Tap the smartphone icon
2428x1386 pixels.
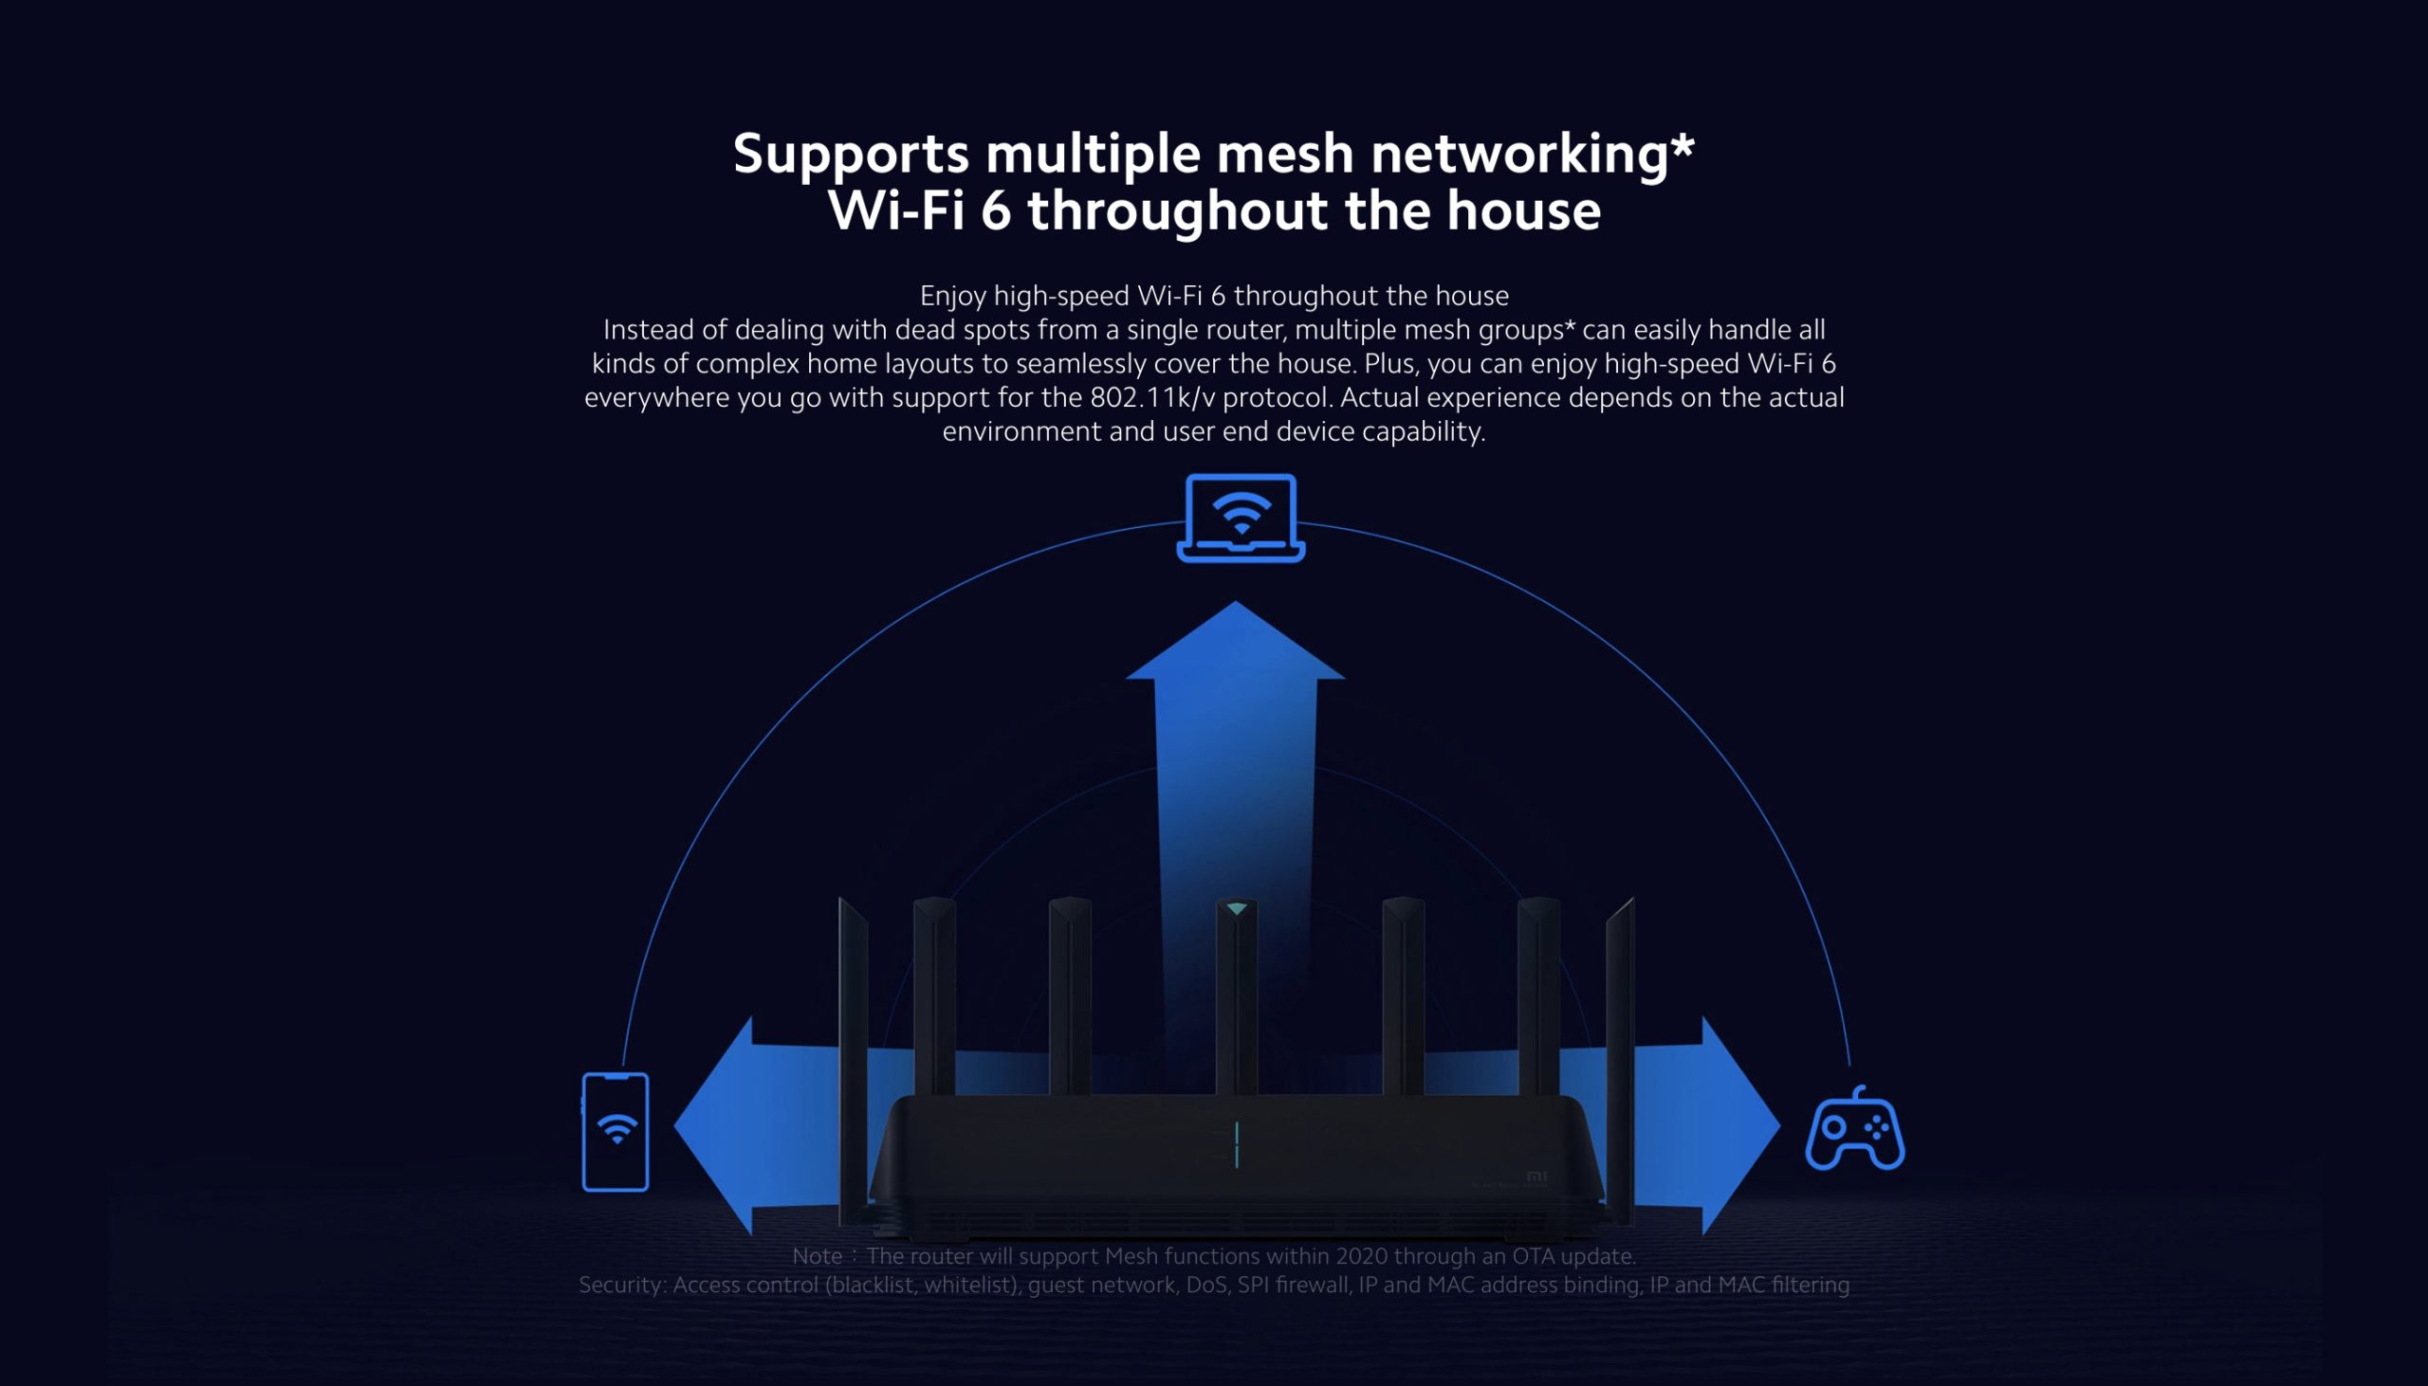click(616, 1131)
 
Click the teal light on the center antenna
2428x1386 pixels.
click(1236, 909)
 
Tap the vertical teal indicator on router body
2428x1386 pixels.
click(1236, 1143)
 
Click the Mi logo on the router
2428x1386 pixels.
click(1536, 1176)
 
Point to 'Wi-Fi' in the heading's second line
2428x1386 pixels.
click(896, 210)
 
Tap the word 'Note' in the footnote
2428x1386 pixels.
click(817, 1255)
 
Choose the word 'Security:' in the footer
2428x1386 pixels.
click(622, 1286)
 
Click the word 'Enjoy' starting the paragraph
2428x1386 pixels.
click(952, 296)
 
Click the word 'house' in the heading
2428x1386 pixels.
click(1522, 210)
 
